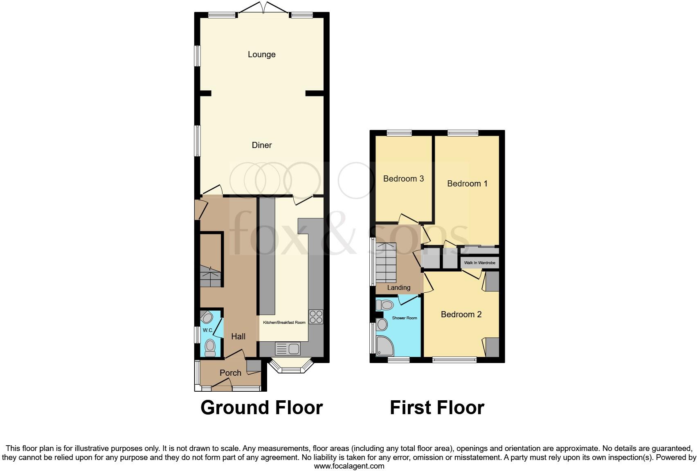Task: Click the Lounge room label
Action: pyautogui.click(x=261, y=54)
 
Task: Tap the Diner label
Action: pyautogui.click(x=261, y=145)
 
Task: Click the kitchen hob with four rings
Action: pyautogui.click(x=316, y=317)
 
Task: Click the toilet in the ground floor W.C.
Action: pyautogui.click(x=210, y=348)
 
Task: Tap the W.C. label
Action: pyautogui.click(x=207, y=330)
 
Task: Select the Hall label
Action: pyautogui.click(x=238, y=336)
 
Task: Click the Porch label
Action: pyautogui.click(x=230, y=373)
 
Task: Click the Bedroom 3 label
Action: pyautogui.click(x=403, y=179)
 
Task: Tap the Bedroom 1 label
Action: pyautogui.click(x=467, y=184)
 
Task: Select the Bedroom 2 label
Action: pyautogui.click(x=461, y=314)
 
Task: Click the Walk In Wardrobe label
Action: pyautogui.click(x=479, y=263)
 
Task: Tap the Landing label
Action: pyautogui.click(x=398, y=288)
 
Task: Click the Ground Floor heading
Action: pyautogui.click(x=261, y=408)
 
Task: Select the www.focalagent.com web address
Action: pyautogui.click(x=349, y=466)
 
